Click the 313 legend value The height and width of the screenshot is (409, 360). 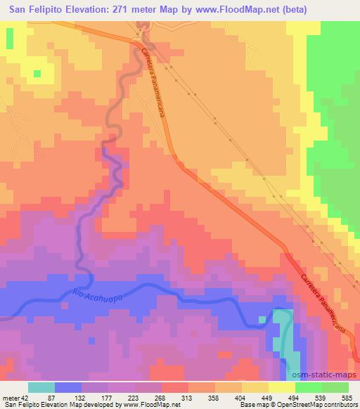tap(188, 396)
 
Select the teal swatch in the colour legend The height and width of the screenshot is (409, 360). tap(41, 387)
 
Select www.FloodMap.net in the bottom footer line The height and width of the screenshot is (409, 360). tap(152, 405)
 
